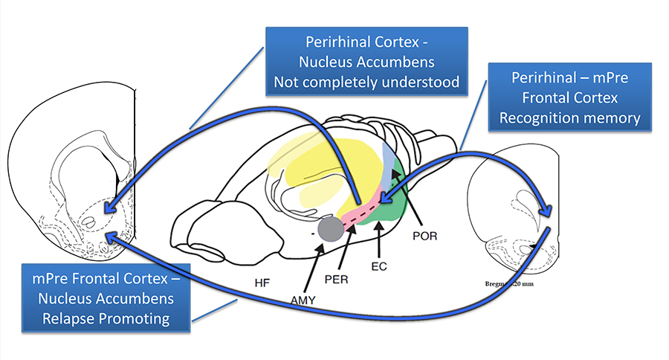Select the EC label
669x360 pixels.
pos(381,265)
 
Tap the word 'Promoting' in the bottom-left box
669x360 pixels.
pos(137,319)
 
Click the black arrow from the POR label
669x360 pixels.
pos(407,199)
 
